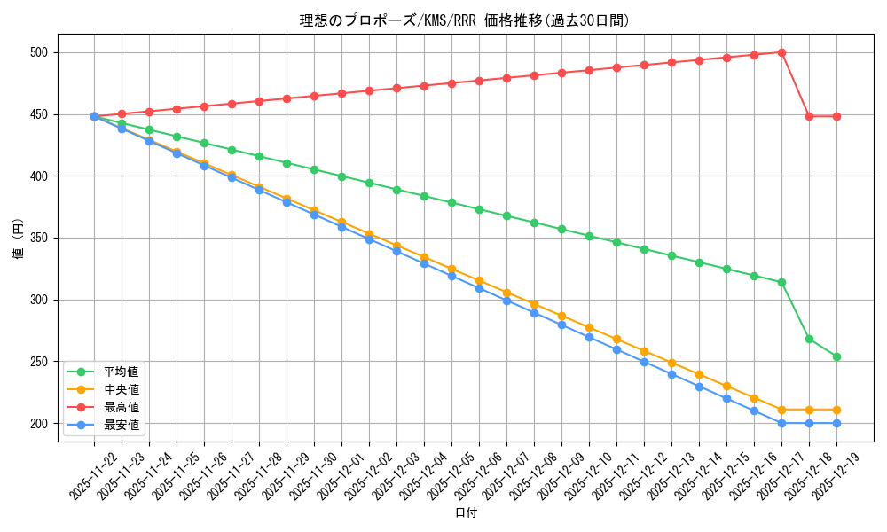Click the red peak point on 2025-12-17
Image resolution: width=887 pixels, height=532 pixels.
[781, 52]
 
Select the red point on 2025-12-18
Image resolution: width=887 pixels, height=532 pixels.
[809, 116]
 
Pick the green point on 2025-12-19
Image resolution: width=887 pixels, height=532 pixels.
[836, 356]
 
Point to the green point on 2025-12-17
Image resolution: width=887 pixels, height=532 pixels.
[781, 282]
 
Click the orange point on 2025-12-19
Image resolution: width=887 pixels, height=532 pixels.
[836, 410]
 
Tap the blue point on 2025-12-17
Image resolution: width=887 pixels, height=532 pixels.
[781, 423]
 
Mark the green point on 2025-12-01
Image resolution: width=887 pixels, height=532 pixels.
[341, 176]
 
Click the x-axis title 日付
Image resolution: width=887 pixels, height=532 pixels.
[465, 513]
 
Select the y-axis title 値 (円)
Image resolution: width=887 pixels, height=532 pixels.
[17, 238]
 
